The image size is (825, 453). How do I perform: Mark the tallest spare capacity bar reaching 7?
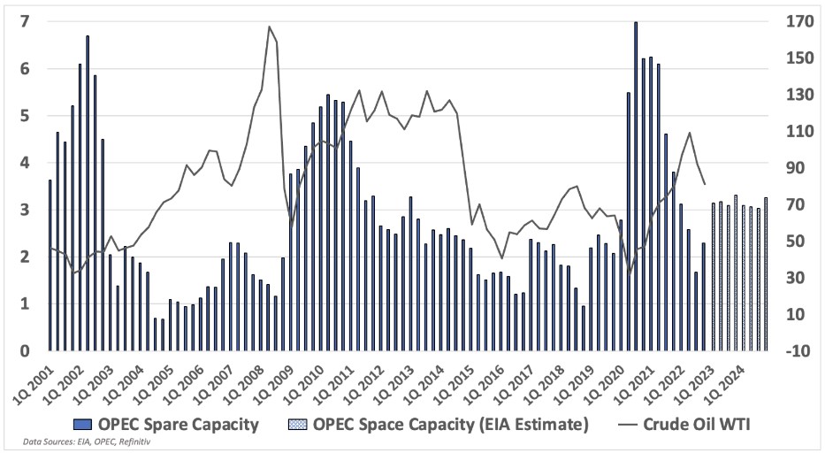pyautogui.click(x=636, y=186)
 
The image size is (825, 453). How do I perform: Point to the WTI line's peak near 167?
pyautogui.click(x=269, y=27)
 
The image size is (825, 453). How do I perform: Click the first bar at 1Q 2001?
pyautogui.click(x=50, y=265)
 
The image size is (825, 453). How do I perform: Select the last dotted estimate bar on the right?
pyautogui.click(x=766, y=274)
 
